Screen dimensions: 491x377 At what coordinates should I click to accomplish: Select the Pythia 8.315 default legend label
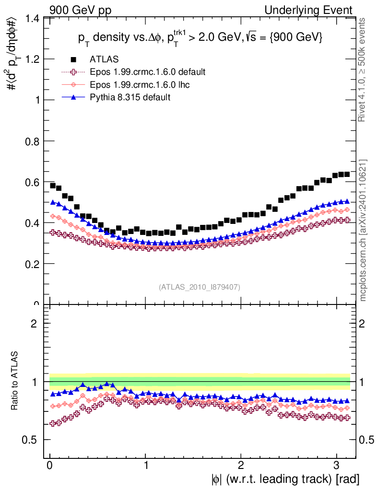pyautogui.click(x=130, y=97)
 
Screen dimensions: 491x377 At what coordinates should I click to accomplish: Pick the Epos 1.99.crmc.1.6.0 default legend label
pyautogui.click(x=148, y=72)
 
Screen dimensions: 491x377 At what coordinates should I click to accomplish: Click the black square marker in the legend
pyautogui.click(x=73, y=59)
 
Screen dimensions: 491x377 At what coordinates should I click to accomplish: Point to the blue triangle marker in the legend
pyautogui.click(x=73, y=97)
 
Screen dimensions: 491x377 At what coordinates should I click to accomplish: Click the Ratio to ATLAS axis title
pyautogui.click(x=14, y=382)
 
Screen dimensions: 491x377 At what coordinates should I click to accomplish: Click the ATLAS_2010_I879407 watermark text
pyautogui.click(x=200, y=287)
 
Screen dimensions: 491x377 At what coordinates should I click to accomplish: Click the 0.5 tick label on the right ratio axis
pyautogui.click(x=366, y=440)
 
